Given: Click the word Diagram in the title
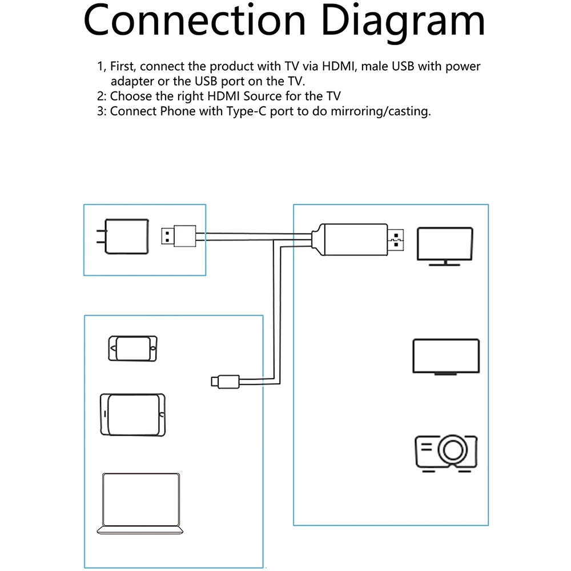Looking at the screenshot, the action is (x=403, y=22).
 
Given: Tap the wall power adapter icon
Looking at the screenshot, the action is (x=123, y=236).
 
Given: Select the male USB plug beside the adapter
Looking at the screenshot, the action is (x=179, y=236).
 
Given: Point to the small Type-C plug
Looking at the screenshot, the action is (x=226, y=381).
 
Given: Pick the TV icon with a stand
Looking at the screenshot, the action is (x=445, y=246).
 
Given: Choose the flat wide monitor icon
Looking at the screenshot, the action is (x=446, y=356).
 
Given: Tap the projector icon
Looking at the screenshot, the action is (x=446, y=453).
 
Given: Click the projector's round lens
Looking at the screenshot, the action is (x=453, y=450).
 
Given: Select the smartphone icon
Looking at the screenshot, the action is (x=132, y=348).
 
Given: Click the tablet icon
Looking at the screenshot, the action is (x=132, y=415).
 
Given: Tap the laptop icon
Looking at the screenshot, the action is (x=140, y=504).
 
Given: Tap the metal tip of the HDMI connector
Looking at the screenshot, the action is (x=396, y=240).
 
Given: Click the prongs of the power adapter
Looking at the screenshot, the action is (x=101, y=237).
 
